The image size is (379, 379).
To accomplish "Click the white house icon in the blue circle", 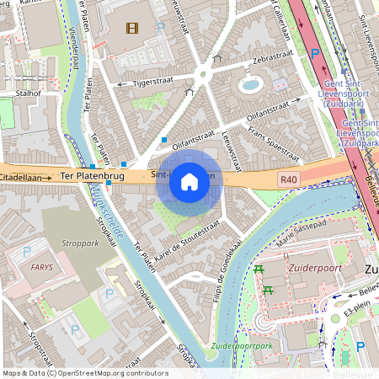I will click(189, 181).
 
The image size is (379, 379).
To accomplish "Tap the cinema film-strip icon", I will click(131, 28).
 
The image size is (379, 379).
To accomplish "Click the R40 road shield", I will click(290, 179).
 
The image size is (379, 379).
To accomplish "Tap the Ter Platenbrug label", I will click(93, 177).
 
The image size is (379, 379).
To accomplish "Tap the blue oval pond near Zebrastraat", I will click(250, 84).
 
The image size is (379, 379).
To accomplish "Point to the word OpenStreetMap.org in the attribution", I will click(90, 373).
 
